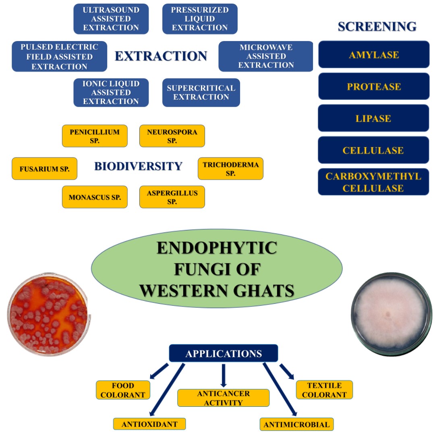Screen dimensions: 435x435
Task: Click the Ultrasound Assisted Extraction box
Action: coord(111,19)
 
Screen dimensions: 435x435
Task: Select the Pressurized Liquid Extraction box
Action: coord(200,19)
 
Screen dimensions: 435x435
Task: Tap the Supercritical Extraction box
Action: coord(201,93)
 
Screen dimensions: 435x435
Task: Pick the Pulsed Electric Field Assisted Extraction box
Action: coord(59,56)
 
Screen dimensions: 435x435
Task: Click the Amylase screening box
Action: coord(374,54)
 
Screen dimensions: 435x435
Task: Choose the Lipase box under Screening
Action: coord(374,118)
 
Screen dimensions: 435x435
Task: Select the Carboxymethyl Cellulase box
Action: coord(373,182)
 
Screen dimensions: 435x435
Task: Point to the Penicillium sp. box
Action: coord(95,136)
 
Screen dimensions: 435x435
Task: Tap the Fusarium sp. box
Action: coord(44,169)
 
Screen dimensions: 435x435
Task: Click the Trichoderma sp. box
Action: coord(230,169)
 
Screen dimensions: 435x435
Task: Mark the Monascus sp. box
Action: coord(95,197)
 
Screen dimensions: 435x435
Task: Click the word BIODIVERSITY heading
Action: coord(138,166)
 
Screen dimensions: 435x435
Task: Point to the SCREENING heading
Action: coord(377,27)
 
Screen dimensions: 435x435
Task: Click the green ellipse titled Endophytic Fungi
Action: coord(217,269)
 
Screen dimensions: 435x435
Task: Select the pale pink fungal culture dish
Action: coord(391,315)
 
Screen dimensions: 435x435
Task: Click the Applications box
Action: coord(224,353)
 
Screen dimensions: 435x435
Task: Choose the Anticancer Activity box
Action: coord(223,398)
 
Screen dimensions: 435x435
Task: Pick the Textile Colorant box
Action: coord(324,390)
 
